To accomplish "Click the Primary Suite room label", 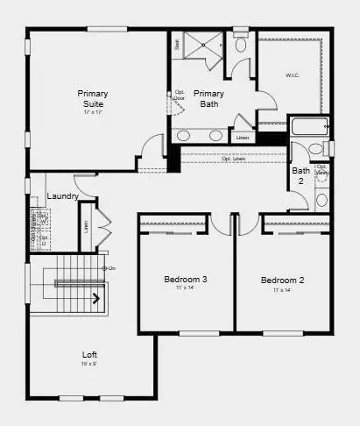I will (x=93, y=98).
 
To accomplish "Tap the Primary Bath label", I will (x=208, y=98).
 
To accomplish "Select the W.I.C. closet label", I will (x=292, y=75).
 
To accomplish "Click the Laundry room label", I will (x=63, y=196).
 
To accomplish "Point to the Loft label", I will (x=91, y=354).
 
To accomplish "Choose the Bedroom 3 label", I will (x=185, y=280).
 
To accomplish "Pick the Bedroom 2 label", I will (x=282, y=280).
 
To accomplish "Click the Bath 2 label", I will (x=300, y=174).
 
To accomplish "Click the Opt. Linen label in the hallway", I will (x=233, y=158).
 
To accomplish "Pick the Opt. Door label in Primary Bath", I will (x=180, y=95).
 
